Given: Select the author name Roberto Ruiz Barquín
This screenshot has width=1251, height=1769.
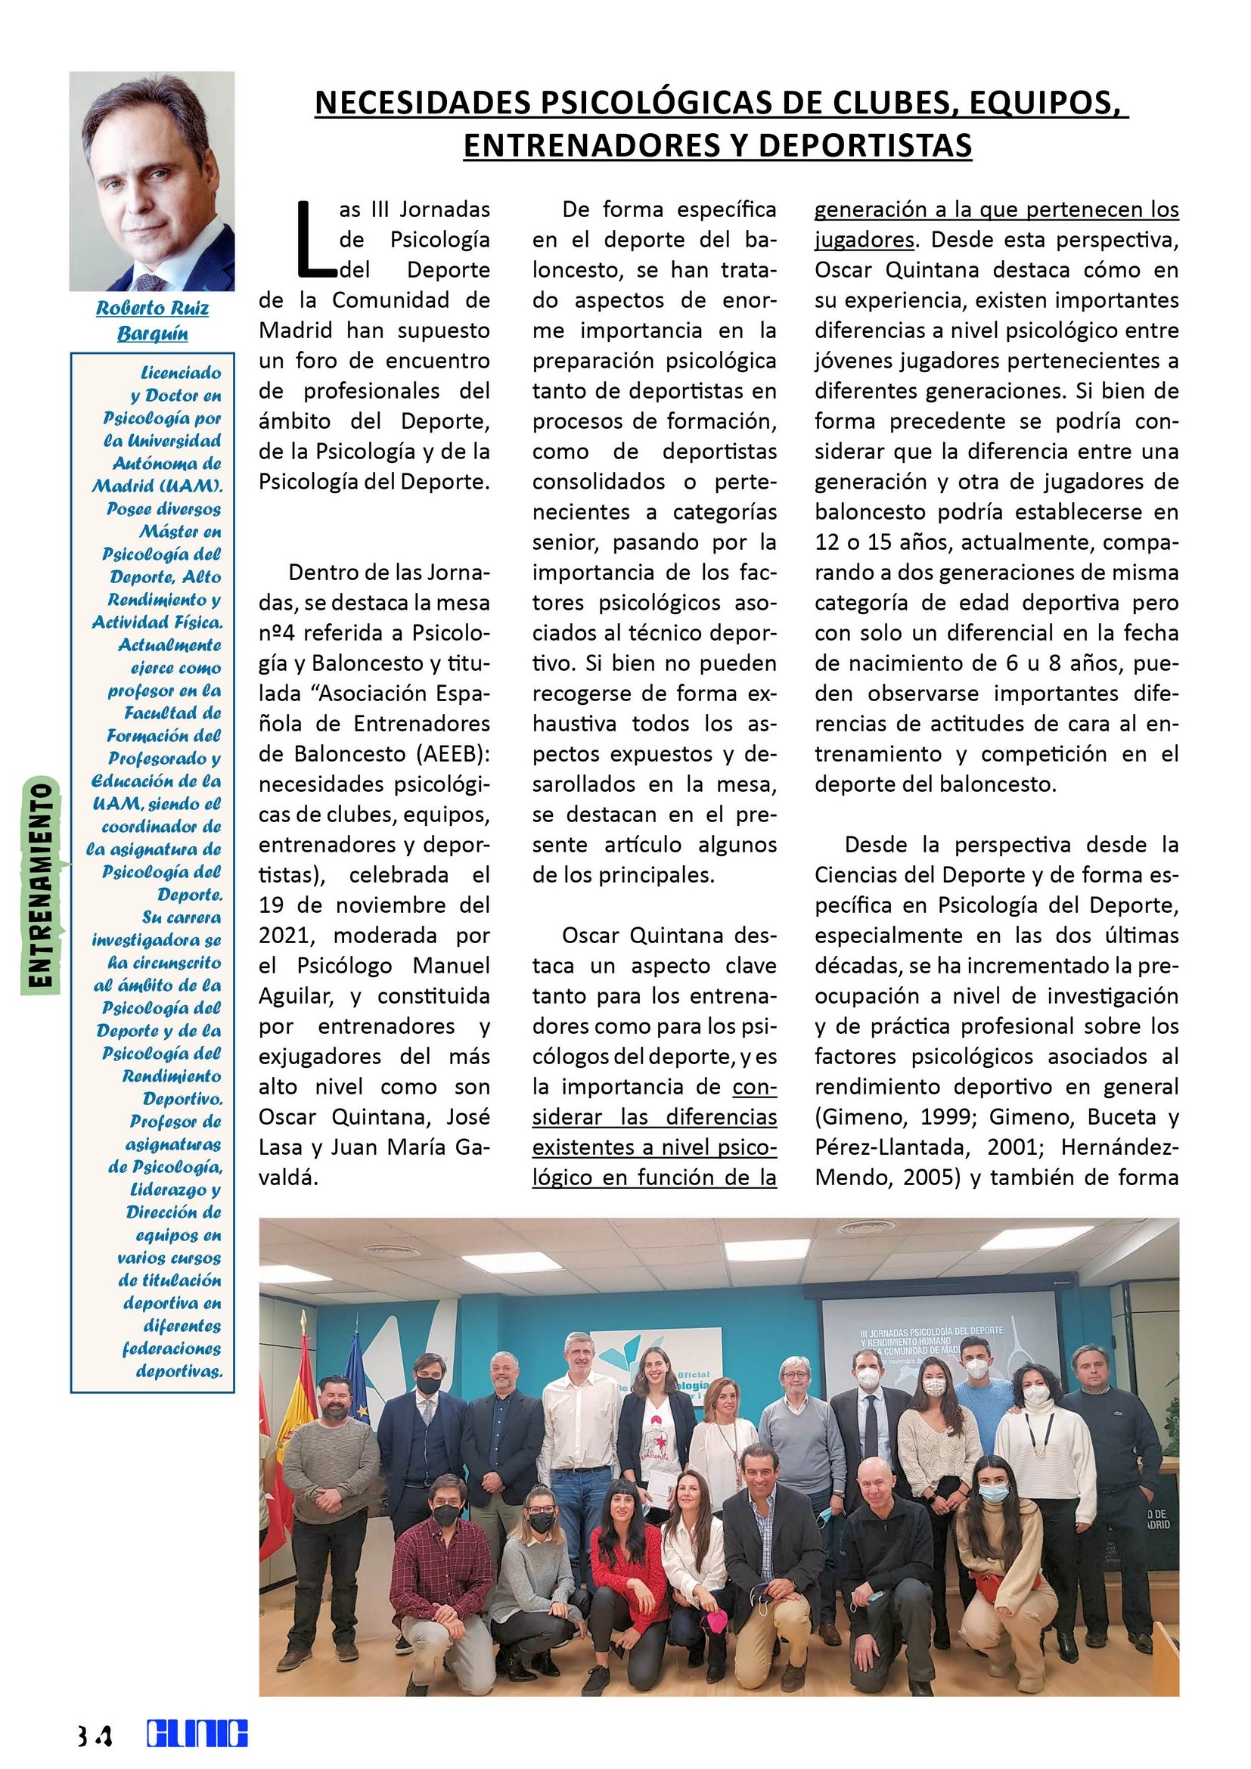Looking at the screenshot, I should click(x=153, y=321).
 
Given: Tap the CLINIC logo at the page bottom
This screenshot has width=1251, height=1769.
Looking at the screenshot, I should click(x=198, y=1733).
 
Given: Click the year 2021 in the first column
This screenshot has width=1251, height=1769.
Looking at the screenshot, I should click(x=283, y=936).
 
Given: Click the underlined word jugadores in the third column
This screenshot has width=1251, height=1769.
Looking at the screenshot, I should click(x=865, y=240).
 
